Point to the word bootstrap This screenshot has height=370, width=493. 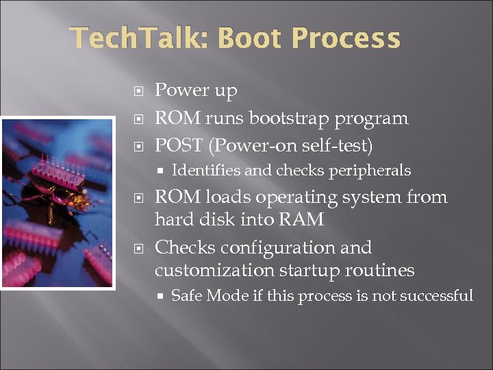pyautogui.click(x=289, y=119)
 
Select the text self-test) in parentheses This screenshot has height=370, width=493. pyautogui.click(x=340, y=145)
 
